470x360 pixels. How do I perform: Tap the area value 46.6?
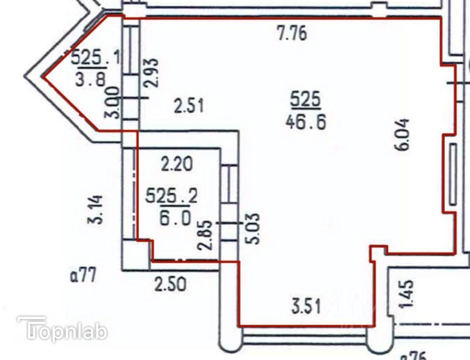305,122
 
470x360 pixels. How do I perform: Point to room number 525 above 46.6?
305,100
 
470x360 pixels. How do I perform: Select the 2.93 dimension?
152,72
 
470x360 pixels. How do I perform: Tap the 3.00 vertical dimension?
112,102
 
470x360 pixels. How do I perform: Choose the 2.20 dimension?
176,166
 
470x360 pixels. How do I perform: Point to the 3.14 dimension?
96,209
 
